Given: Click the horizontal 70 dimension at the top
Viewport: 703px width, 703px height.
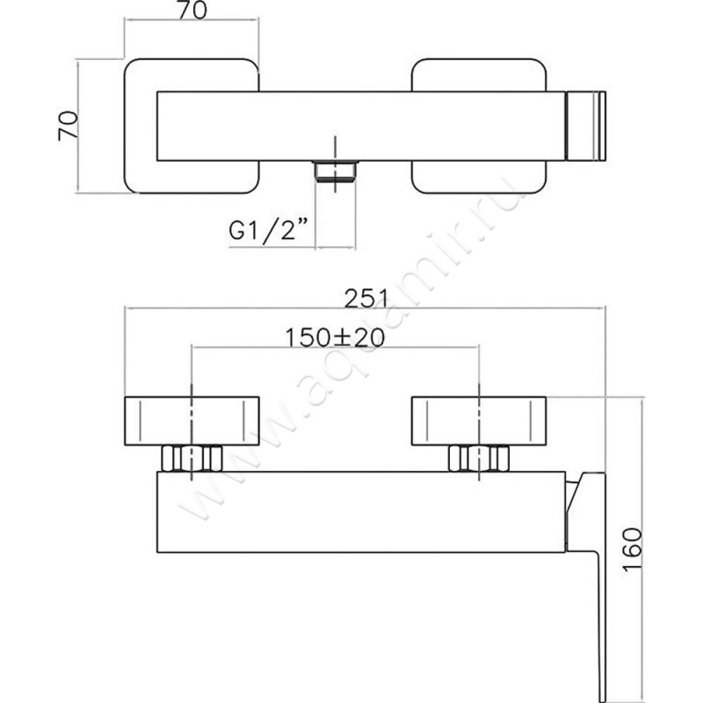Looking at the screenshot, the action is coord(192,11).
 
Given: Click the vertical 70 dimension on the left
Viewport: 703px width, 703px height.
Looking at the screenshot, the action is coord(68,126).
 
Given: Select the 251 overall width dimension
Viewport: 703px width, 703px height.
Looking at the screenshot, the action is coord(365,298).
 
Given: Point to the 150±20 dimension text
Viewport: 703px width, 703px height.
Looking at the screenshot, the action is coord(335,337).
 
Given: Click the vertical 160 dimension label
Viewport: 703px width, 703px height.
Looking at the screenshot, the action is coord(633,550).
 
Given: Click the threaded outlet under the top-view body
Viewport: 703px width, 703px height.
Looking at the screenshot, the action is coord(336,171).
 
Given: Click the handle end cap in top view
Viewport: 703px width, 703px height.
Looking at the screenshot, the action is coord(586,126).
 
